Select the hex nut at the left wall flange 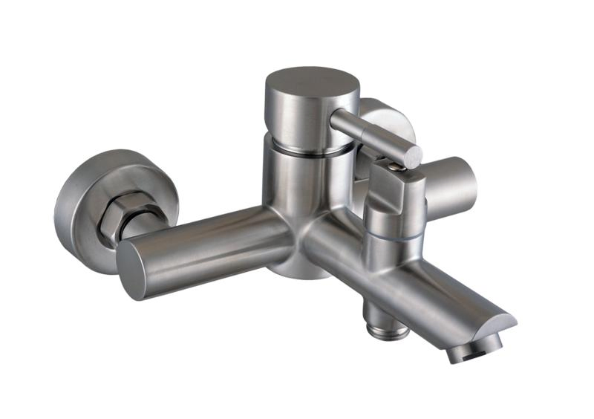coord(133,216)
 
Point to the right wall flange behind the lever coord(386,119)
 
